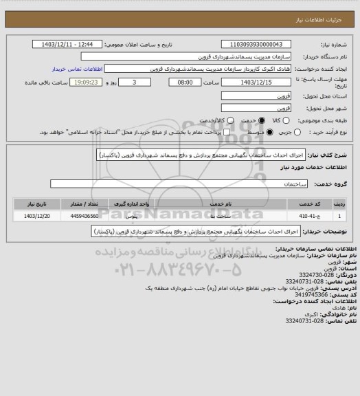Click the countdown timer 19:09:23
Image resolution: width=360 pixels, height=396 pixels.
tap(65, 82)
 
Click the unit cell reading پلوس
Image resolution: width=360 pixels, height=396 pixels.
tap(140, 216)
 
